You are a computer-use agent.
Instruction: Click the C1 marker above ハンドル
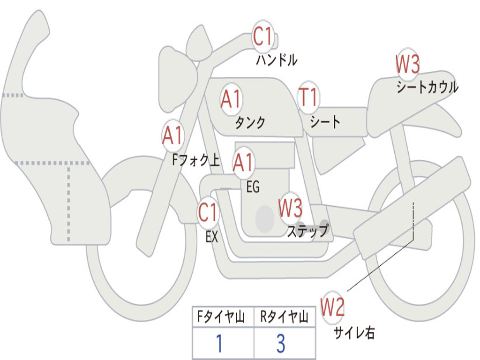point(262,36)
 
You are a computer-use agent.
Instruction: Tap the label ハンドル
point(277,60)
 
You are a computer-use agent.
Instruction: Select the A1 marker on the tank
point(231,99)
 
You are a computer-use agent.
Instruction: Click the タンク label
point(250,122)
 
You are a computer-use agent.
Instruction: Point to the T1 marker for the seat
point(308,97)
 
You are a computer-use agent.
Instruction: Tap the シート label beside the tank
point(325,121)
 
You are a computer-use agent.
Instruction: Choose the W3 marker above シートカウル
point(407,64)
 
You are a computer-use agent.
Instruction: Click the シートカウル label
point(427,87)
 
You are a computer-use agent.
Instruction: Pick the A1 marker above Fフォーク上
point(173,135)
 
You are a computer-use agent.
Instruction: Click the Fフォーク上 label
point(196,159)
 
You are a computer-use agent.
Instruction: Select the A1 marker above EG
point(243,163)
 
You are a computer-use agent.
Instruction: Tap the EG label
point(253,187)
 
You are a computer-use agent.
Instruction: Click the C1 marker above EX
point(208,212)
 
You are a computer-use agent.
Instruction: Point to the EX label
point(212,237)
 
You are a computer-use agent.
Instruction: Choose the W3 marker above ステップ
point(290,207)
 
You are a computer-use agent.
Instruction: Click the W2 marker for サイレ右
point(332,307)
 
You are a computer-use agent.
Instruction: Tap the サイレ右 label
point(354,332)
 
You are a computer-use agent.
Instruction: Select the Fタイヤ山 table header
point(221,316)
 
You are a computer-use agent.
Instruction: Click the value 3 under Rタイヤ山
point(281,343)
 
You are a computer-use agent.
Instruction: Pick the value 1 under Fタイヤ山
point(219,343)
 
